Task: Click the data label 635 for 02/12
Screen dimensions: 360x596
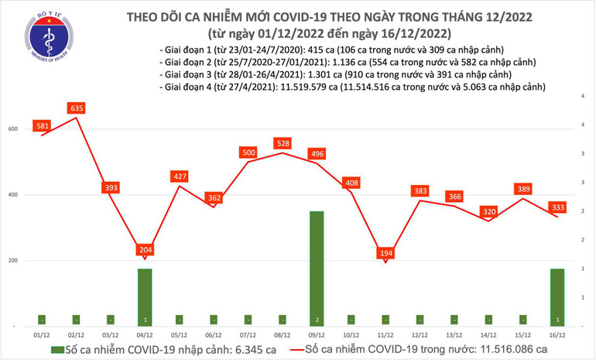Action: coord(76,108)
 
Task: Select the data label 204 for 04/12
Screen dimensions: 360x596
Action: coord(145,250)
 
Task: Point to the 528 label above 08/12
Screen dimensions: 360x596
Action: coord(283,143)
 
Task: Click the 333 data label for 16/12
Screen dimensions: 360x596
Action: coord(557,207)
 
